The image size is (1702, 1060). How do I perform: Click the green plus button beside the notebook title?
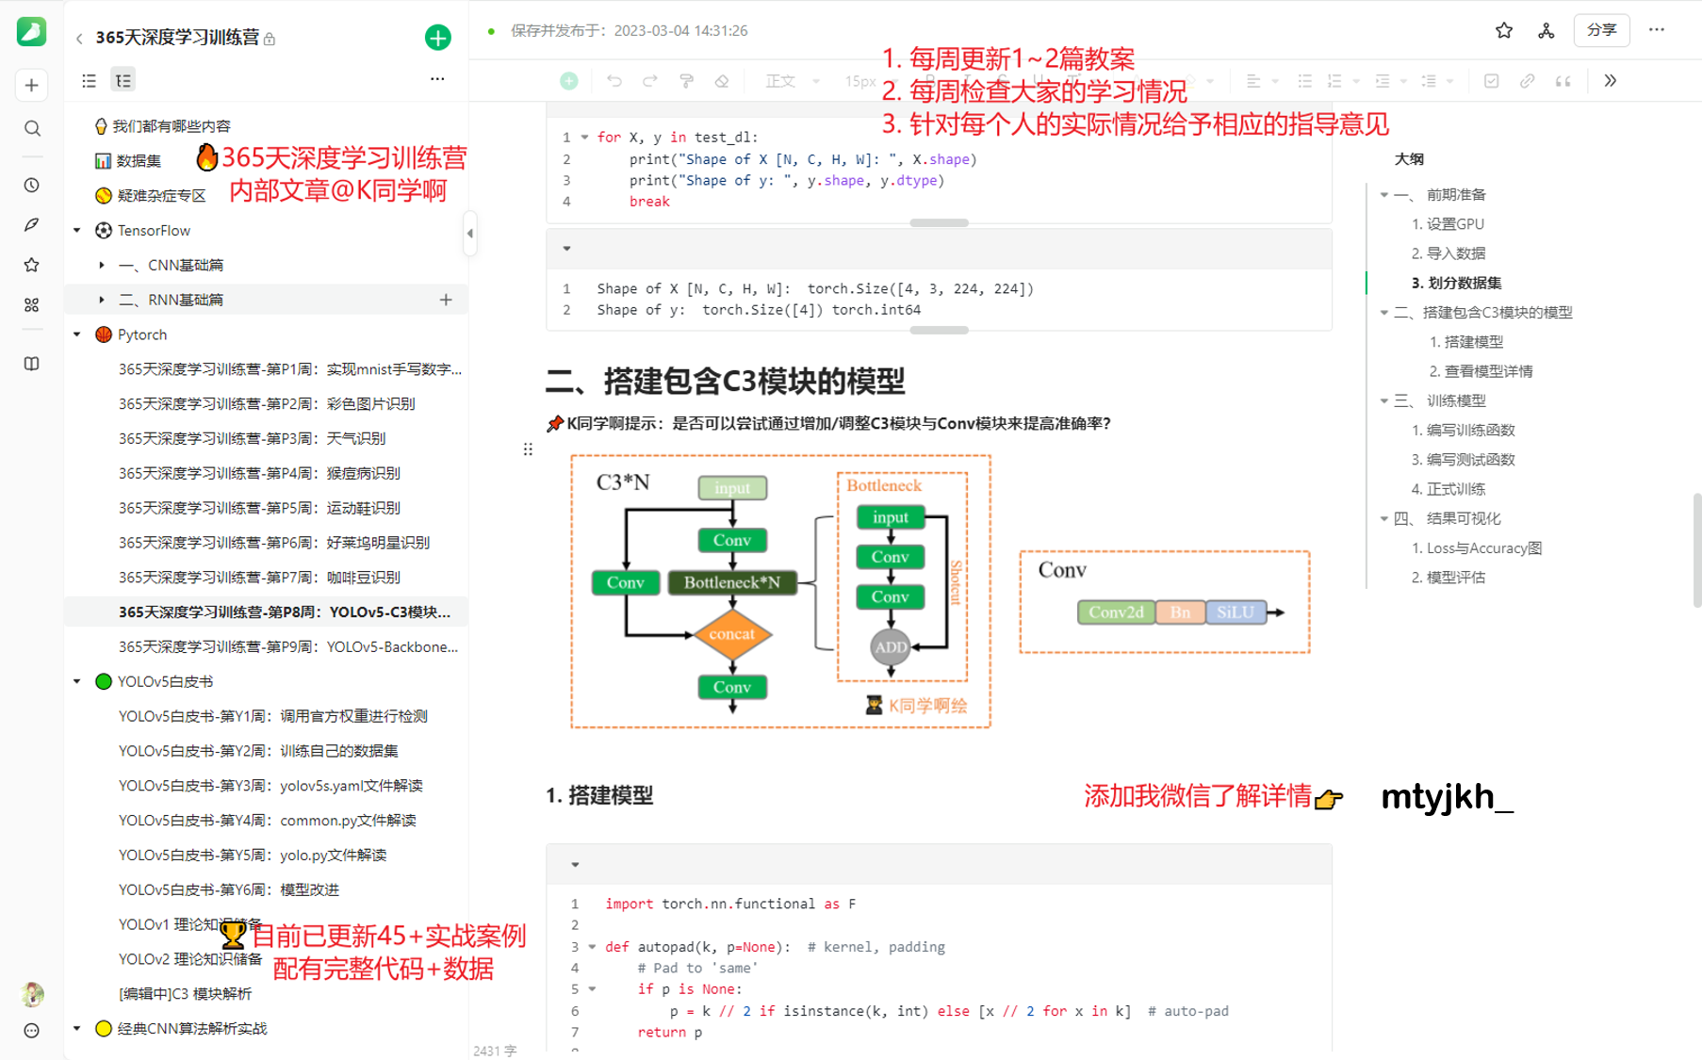click(437, 38)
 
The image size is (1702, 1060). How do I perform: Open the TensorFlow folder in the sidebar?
click(154, 231)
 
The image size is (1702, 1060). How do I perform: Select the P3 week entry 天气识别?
click(252, 439)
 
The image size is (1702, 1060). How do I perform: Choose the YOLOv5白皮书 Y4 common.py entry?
click(267, 821)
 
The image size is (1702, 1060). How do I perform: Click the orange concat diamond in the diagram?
click(732, 634)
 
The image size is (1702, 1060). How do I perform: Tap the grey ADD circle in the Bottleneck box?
click(891, 647)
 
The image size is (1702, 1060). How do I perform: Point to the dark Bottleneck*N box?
click(732, 582)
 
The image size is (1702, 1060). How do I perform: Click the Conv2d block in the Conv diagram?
click(1116, 612)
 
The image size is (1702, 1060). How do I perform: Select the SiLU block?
click(1235, 612)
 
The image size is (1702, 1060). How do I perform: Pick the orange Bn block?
click(1180, 612)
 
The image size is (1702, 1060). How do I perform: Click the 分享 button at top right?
click(1601, 30)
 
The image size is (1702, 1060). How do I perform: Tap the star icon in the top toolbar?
click(1504, 30)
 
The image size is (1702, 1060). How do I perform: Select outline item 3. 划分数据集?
click(1456, 283)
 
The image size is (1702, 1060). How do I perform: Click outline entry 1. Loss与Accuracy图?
click(1476, 548)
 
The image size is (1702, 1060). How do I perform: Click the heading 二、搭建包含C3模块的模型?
click(725, 382)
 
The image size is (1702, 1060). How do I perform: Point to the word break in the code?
click(649, 202)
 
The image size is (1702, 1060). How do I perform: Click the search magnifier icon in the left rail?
click(32, 128)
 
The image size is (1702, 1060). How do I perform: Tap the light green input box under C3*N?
click(732, 488)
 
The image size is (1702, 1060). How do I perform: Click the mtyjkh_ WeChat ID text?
click(1447, 797)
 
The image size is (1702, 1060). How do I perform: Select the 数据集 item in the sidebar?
click(139, 161)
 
